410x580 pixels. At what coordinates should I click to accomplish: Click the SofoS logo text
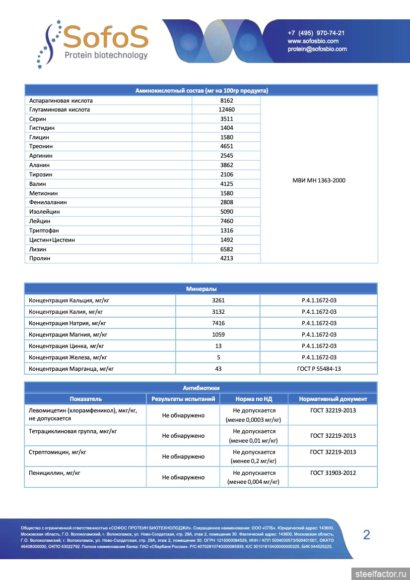point(106,36)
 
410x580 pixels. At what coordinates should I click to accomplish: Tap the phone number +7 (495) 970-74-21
point(316,33)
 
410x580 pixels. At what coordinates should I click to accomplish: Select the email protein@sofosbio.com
point(317,49)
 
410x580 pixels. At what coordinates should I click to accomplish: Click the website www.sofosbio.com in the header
point(313,41)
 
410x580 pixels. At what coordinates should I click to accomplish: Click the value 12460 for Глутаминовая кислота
point(226,110)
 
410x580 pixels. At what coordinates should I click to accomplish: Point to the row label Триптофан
point(44,231)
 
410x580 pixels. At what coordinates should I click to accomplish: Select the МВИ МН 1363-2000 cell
point(319,180)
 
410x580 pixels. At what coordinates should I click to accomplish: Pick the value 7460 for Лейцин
point(226,221)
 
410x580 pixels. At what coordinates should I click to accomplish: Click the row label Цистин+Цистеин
point(52,240)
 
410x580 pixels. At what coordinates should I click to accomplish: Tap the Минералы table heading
point(201,289)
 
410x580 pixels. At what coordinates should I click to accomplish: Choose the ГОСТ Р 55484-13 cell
point(319,369)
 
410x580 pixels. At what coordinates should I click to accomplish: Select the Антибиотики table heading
point(201,388)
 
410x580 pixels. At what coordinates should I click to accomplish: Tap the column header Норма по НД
point(254,399)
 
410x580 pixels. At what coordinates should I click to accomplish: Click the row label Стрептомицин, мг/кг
point(55,452)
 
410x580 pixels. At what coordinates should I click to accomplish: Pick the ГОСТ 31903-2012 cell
point(333,473)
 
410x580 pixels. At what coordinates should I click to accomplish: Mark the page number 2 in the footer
point(367,534)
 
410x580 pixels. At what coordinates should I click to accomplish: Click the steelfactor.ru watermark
point(381,574)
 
